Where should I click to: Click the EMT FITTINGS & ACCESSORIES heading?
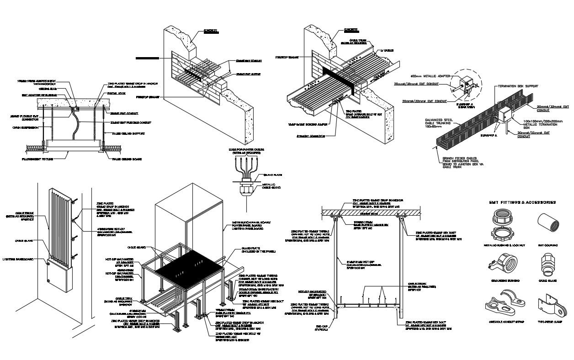[522, 201]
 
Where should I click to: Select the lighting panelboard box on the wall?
[58, 276]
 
